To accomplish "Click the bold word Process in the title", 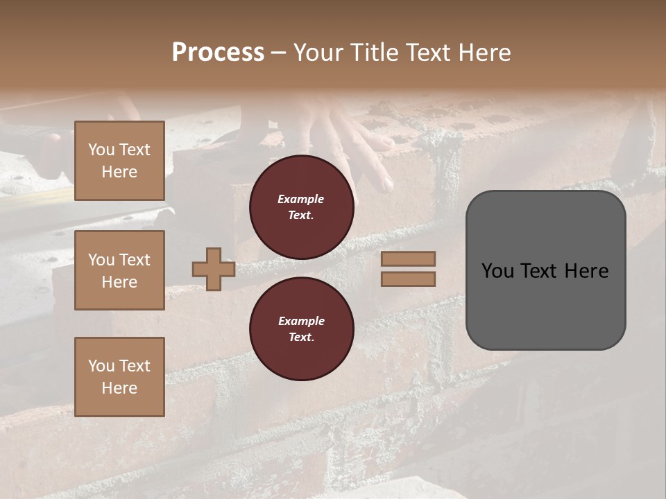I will click(218, 52).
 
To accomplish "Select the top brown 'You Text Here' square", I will click(119, 161).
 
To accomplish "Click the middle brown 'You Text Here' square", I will click(119, 270).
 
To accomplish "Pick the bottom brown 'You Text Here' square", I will click(119, 377).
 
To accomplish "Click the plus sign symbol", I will click(214, 270).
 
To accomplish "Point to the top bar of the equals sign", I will click(409, 259).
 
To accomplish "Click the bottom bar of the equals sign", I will click(409, 279).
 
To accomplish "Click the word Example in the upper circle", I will click(301, 199).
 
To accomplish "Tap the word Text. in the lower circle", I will click(301, 337).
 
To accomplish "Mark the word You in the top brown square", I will click(101, 150).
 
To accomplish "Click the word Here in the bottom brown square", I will click(119, 388).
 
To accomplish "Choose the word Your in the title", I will click(318, 53).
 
